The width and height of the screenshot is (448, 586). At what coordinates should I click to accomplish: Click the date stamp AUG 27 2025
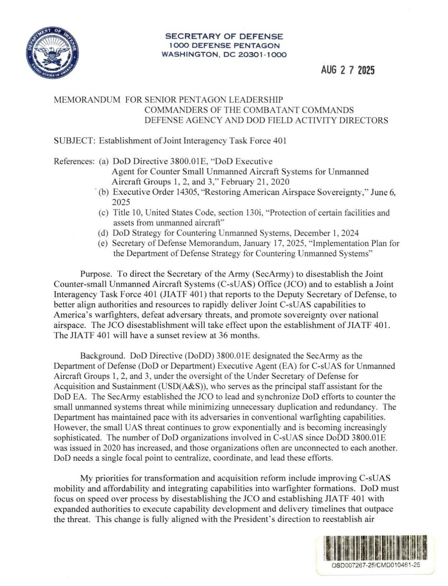point(348,70)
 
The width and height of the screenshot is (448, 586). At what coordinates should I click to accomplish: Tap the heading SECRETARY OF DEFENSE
point(224,36)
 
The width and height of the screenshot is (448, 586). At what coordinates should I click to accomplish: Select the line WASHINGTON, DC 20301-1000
point(224,54)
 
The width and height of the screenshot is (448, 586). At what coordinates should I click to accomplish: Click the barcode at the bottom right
point(376,547)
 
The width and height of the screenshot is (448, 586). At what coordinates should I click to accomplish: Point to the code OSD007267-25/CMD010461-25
point(376,565)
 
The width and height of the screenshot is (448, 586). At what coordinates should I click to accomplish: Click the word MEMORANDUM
point(87,100)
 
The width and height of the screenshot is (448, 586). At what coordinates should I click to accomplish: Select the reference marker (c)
point(103,213)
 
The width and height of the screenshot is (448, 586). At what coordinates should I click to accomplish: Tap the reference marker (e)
point(103,244)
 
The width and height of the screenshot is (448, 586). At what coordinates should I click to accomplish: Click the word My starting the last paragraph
point(86,478)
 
